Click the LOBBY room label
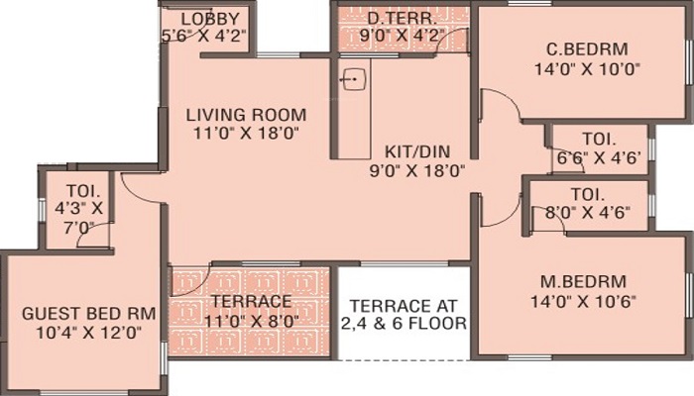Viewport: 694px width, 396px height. pyautogui.click(x=210, y=19)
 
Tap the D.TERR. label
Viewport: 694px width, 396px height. pyautogui.click(x=402, y=19)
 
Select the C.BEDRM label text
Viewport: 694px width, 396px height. pyautogui.click(x=587, y=49)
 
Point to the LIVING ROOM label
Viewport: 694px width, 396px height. pyautogui.click(x=246, y=115)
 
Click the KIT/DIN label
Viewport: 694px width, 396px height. pyautogui.click(x=417, y=151)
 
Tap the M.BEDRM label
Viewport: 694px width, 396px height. pyautogui.click(x=583, y=281)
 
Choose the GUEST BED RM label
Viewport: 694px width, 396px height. pyautogui.click(x=88, y=314)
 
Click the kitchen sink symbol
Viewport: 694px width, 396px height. pyautogui.click(x=354, y=79)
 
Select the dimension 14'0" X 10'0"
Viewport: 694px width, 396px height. pyautogui.click(x=588, y=69)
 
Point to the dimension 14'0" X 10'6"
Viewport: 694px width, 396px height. pyautogui.click(x=583, y=302)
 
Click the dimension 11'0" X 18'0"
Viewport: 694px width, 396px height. pyautogui.click(x=246, y=134)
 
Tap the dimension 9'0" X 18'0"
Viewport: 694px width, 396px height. pyautogui.click(x=417, y=170)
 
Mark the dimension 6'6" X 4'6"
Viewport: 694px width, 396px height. pyautogui.click(x=599, y=157)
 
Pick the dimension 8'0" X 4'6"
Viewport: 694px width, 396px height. pyautogui.click(x=587, y=213)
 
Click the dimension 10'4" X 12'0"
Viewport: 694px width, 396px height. pyautogui.click(x=88, y=333)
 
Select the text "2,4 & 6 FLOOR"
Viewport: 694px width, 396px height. pyautogui.click(x=404, y=324)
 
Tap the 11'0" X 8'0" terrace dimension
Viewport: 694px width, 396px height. pyautogui.click(x=252, y=322)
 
